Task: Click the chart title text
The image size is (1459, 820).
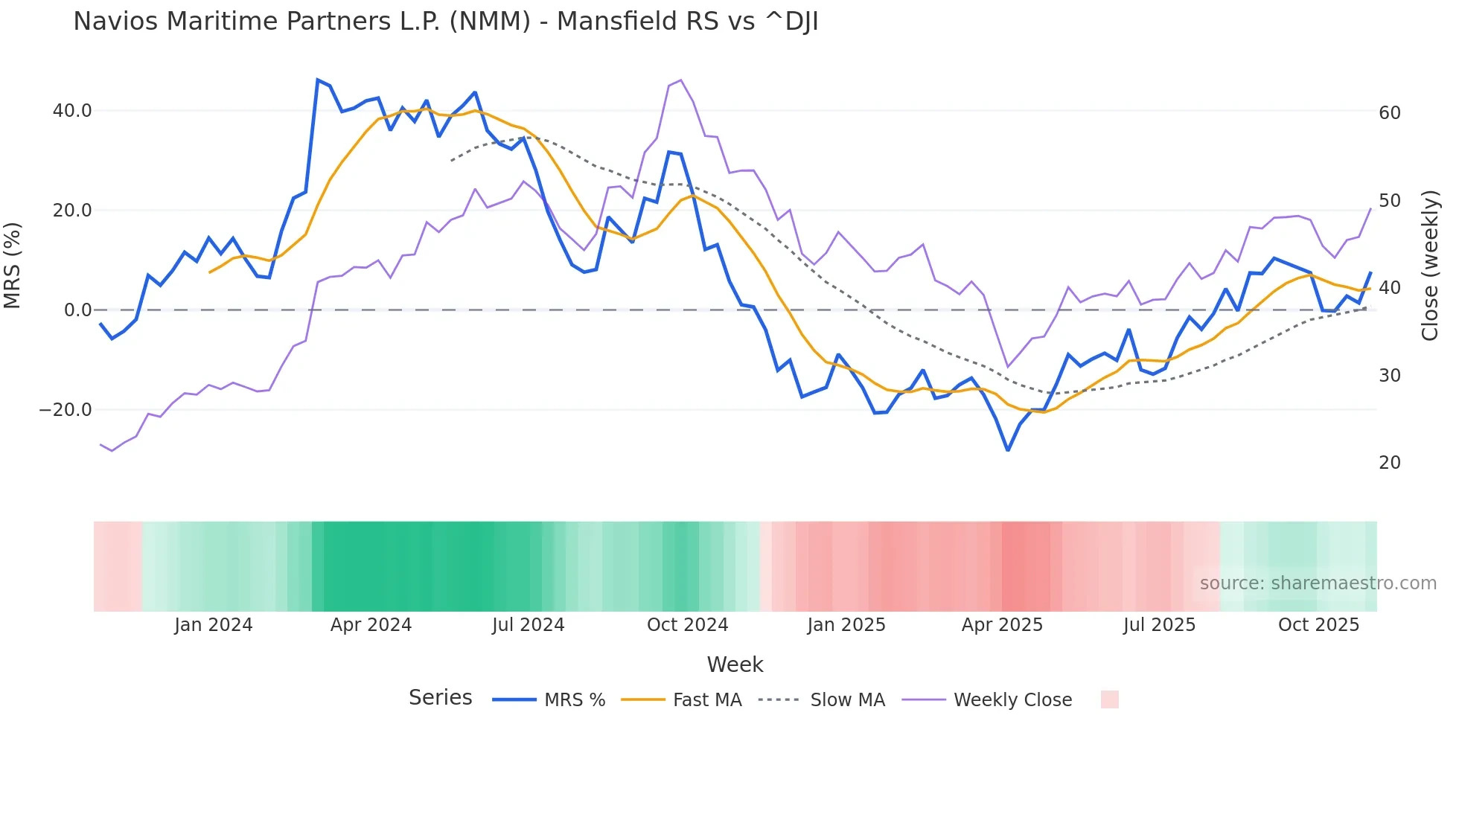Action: (x=445, y=22)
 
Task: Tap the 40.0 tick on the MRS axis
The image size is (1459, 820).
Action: (x=72, y=111)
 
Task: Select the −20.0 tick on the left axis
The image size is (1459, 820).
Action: (x=66, y=410)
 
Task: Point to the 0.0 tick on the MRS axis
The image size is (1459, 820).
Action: (x=77, y=310)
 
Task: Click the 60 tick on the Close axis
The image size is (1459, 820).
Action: (x=1389, y=113)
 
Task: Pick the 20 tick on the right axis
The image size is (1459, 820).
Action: (x=1389, y=463)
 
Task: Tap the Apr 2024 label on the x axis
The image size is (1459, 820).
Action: (x=371, y=625)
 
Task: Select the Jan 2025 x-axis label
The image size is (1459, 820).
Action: (x=846, y=625)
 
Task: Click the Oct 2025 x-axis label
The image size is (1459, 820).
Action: (x=1318, y=625)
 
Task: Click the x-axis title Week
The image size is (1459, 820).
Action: (x=735, y=664)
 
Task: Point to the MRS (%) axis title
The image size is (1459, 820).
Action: (x=13, y=266)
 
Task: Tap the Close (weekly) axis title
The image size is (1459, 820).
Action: (x=1429, y=266)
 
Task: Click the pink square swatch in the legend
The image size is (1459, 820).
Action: (x=1109, y=699)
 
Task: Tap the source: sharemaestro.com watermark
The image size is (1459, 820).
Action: (x=1318, y=583)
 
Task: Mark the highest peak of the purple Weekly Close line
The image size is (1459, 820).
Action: (x=681, y=80)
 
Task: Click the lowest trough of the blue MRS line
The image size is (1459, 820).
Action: (x=1008, y=450)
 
